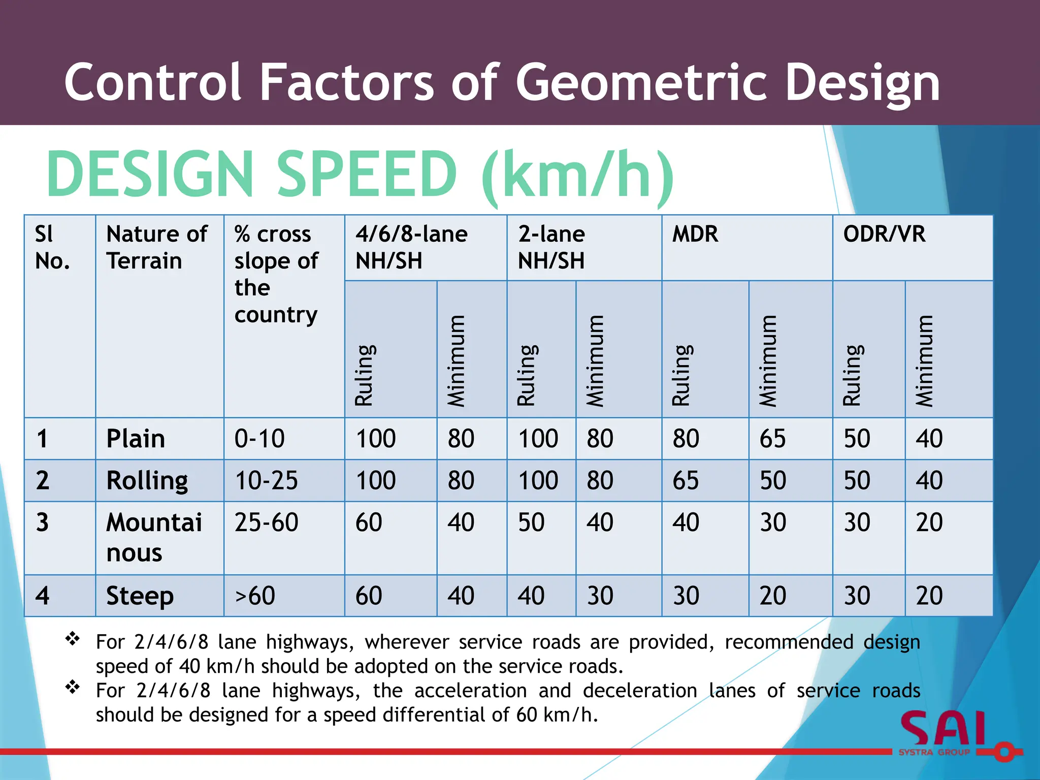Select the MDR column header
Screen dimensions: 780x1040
(695, 235)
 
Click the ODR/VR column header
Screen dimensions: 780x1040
(884, 235)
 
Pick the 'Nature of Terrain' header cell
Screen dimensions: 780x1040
(156, 247)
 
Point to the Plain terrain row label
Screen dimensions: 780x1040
(136, 439)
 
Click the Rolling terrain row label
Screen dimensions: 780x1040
(147, 480)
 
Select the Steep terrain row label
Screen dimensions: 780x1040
(140, 596)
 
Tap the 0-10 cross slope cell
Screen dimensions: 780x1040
(259, 439)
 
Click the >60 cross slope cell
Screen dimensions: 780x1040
(255, 596)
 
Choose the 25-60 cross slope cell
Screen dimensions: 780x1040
(266, 523)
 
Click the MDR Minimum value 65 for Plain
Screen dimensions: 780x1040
(772, 439)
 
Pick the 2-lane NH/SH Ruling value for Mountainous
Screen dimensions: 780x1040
(531, 523)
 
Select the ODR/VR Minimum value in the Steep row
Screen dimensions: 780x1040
(929, 596)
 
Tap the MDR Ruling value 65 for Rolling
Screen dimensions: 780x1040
(686, 480)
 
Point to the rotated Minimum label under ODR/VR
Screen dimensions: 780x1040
(924, 361)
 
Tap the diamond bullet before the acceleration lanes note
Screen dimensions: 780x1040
(73, 687)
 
